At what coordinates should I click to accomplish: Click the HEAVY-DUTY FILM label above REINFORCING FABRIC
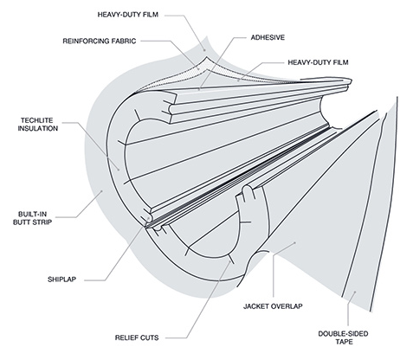[128, 15]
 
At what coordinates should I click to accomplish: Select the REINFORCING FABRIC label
[100, 41]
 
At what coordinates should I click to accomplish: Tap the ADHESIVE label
[268, 37]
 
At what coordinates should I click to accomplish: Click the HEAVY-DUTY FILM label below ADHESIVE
[318, 62]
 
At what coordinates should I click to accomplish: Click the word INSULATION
[38, 128]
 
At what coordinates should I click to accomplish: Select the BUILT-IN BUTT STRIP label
[33, 218]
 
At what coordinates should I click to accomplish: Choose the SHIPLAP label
[61, 280]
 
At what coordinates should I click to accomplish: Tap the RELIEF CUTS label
[137, 337]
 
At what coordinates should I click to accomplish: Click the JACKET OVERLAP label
[273, 306]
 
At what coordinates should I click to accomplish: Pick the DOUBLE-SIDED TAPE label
[343, 337]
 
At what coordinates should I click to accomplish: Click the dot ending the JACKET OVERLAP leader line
[295, 243]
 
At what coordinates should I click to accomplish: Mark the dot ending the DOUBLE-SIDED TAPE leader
[355, 292]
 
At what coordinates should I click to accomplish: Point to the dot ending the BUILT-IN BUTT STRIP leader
[101, 190]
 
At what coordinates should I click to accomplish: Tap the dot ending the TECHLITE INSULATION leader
[119, 170]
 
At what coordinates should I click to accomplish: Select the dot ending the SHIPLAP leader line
[149, 218]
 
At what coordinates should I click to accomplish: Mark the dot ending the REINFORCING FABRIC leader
[198, 68]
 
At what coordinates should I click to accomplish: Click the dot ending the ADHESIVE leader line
[199, 89]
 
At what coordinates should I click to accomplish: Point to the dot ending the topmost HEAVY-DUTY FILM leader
[205, 50]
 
